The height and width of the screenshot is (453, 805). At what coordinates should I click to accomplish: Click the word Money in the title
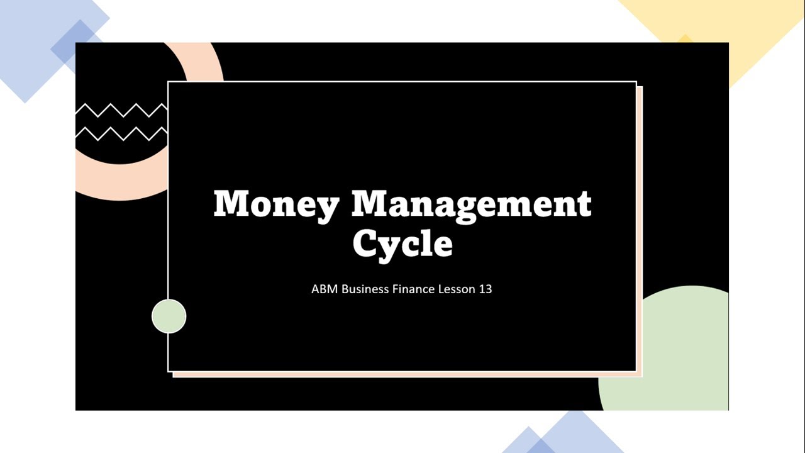coord(277,204)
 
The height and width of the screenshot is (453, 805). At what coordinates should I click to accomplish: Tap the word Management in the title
coord(471,204)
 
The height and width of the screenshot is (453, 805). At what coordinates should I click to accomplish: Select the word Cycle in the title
coord(402,243)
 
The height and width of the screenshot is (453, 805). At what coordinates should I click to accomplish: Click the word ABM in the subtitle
coord(325,289)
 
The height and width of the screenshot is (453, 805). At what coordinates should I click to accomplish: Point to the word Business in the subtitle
coord(365,289)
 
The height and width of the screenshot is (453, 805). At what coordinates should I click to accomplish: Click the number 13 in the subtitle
coord(485,289)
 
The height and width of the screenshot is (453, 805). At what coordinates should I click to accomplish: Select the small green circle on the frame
coord(169,316)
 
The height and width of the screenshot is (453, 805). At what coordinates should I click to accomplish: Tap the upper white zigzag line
coord(121,111)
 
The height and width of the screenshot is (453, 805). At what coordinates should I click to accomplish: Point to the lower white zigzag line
coord(121,133)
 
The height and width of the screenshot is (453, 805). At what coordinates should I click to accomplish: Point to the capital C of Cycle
coord(367,243)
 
